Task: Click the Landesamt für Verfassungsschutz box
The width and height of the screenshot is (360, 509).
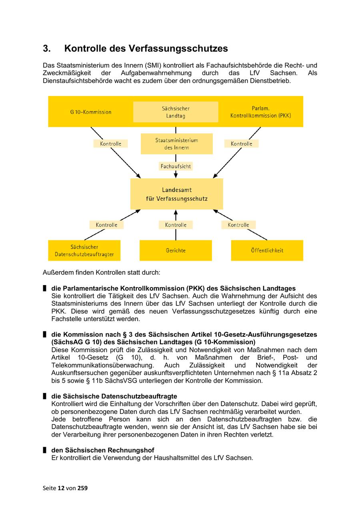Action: pos(176,194)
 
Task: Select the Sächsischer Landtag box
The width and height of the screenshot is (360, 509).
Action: pos(176,112)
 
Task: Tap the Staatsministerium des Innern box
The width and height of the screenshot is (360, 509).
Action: pos(176,144)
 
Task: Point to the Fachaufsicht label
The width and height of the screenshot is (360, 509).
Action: pos(176,166)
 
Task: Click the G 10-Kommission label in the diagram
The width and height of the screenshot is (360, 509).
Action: pos(91,112)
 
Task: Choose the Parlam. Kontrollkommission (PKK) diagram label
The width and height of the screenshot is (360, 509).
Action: pos(260,112)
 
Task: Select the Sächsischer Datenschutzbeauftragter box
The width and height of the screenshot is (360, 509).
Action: pos(84,250)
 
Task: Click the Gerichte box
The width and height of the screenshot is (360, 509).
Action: pos(176,250)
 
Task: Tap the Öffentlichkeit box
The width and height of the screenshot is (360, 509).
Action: pos(267,250)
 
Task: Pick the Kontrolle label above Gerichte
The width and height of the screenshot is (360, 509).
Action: pos(176,225)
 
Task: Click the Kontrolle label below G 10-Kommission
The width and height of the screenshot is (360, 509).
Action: pos(110,144)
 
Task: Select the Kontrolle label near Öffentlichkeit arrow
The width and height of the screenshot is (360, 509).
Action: pos(238,225)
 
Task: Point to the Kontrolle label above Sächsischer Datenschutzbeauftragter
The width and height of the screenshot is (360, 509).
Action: pos(106,225)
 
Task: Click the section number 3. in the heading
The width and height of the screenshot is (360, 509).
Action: pos(47,49)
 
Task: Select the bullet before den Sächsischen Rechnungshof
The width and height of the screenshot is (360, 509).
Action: pos(45,450)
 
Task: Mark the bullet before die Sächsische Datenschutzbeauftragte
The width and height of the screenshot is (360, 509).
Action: pos(45,396)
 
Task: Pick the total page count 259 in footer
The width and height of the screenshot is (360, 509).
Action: pos(82,488)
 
